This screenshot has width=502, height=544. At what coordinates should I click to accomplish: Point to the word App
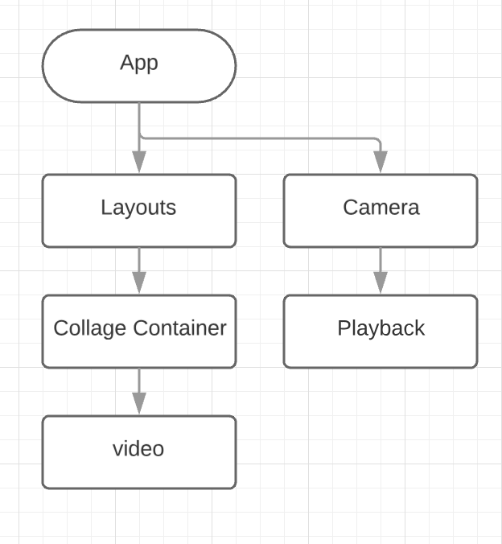[x=138, y=63]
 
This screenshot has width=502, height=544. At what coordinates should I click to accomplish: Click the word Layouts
[x=138, y=208]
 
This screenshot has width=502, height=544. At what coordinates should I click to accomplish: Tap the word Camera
[x=381, y=208]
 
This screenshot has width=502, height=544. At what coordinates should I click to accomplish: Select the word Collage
[x=90, y=328]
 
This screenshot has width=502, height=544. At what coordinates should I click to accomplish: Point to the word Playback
[x=381, y=329]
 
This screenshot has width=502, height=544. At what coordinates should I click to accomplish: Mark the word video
[x=138, y=448]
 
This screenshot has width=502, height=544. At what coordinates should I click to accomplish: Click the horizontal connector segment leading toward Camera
[x=257, y=138]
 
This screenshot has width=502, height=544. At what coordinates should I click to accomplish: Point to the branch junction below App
[x=140, y=137]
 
